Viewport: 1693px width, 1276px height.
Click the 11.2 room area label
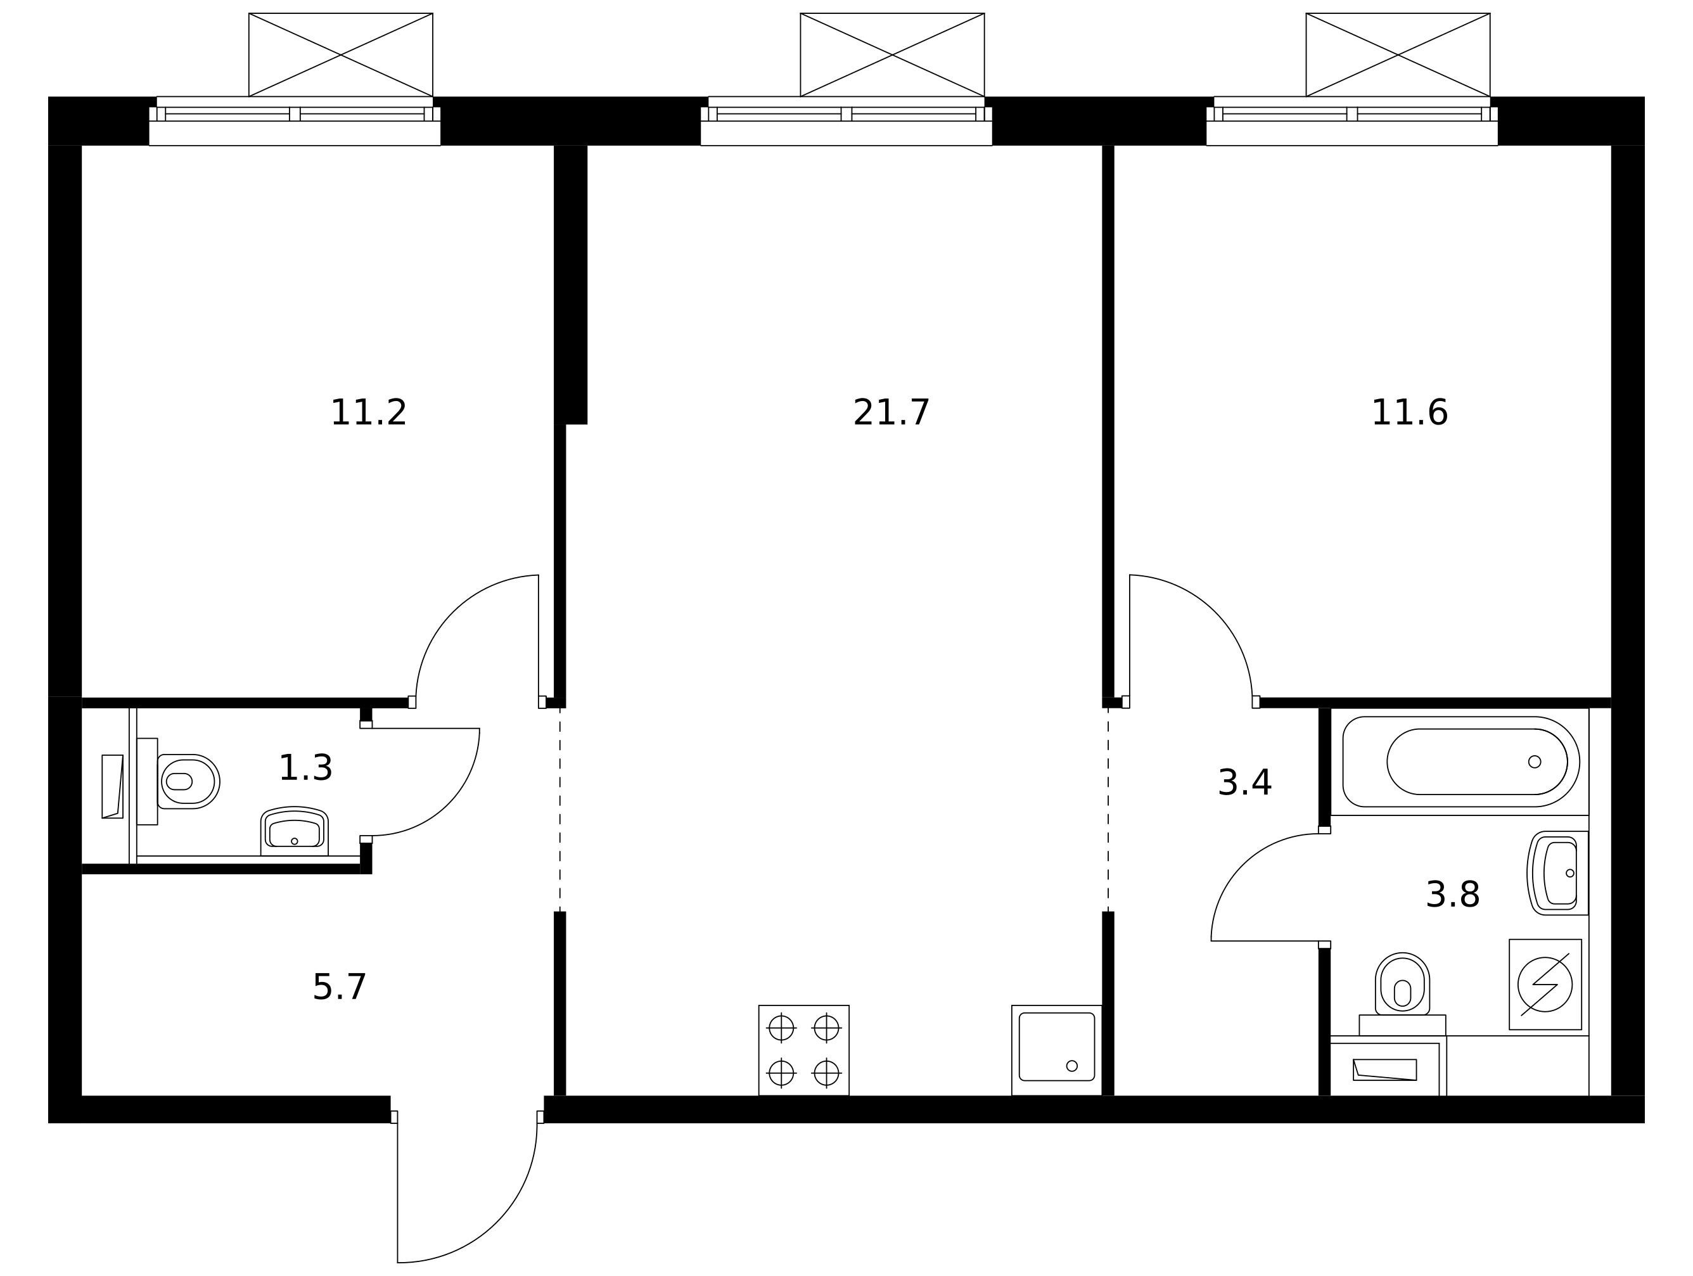point(368,413)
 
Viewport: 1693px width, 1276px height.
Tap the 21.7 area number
point(891,413)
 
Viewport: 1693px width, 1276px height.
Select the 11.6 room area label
point(1409,413)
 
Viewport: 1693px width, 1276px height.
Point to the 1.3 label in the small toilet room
point(305,768)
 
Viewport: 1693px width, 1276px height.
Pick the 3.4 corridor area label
point(1244,783)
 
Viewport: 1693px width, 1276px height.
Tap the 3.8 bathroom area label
point(1453,894)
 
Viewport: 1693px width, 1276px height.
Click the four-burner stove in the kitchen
point(803,1050)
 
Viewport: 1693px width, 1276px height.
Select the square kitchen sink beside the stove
point(1056,1050)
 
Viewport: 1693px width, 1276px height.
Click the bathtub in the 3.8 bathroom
point(1460,762)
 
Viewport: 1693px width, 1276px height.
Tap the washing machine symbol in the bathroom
point(1545,985)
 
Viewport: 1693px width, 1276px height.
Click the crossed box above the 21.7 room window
point(892,55)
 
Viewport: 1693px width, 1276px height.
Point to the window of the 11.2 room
point(295,121)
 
